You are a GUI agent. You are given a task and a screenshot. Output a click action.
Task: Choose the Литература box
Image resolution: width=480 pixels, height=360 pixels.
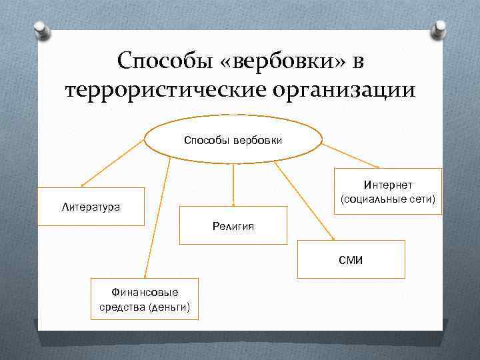(x=91, y=207)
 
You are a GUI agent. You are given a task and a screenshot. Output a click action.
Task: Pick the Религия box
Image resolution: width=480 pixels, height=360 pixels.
(x=233, y=226)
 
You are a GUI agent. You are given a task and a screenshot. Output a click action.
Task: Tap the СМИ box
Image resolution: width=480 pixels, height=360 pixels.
(x=350, y=259)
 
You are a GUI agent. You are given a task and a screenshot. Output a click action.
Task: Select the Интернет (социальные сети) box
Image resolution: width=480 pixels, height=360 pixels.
(x=387, y=191)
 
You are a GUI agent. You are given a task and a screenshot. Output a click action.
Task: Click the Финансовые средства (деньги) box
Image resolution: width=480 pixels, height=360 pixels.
(x=144, y=299)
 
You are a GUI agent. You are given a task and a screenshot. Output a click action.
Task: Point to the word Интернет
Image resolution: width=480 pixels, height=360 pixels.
(x=388, y=184)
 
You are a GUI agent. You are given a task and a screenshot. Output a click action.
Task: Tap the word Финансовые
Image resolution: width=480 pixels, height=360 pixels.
(x=145, y=292)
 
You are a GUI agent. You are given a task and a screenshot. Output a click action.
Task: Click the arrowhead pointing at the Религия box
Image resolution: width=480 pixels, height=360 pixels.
(x=233, y=202)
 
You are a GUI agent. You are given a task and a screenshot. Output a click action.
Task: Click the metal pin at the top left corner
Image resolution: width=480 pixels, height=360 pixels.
(x=40, y=29)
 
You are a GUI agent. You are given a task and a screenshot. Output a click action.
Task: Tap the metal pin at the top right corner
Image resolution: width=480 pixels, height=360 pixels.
(x=439, y=29)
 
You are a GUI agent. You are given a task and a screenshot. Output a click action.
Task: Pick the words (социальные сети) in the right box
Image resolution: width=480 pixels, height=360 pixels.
(x=388, y=199)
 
